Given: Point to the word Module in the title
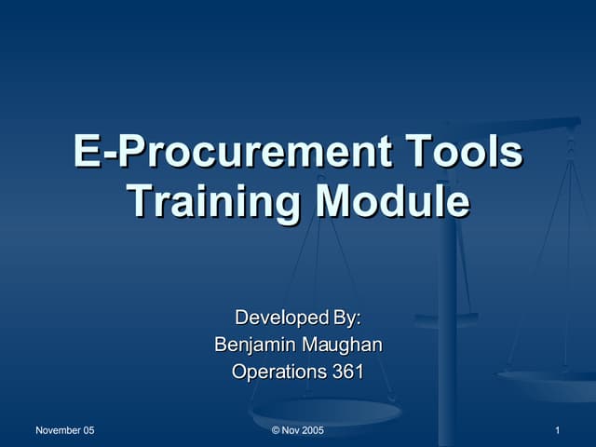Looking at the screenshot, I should (x=391, y=201).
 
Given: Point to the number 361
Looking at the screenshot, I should (x=348, y=372).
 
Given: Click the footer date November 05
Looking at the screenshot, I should (x=64, y=430).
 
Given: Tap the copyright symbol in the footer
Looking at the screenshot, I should (x=275, y=430).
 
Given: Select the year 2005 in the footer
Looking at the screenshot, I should (x=312, y=430).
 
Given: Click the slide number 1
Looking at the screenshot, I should (x=556, y=430).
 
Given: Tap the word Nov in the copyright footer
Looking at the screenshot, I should (x=290, y=430).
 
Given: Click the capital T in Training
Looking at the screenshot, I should (x=138, y=201).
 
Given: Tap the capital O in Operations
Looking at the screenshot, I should (x=239, y=372).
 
